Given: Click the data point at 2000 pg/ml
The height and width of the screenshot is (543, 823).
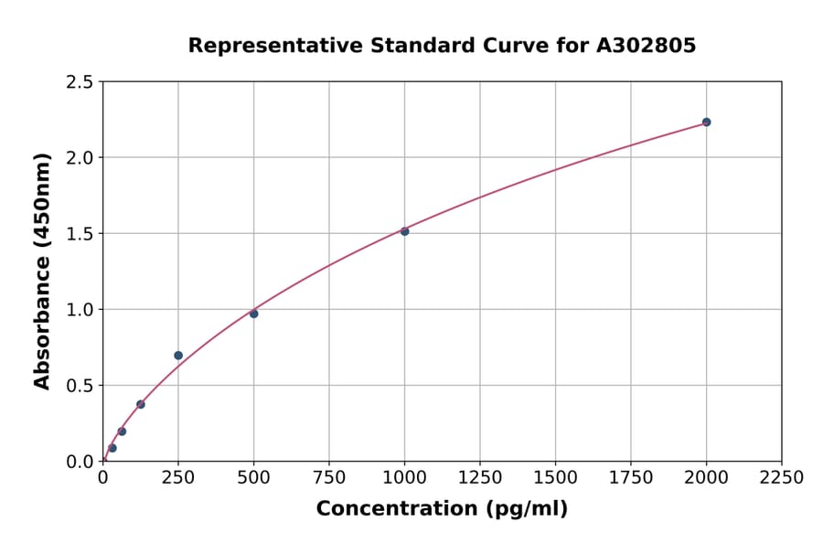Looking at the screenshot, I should [x=706, y=122].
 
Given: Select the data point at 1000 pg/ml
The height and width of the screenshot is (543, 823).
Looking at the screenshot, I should [x=404, y=231].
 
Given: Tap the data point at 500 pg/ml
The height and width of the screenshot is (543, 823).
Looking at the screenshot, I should [x=253, y=314].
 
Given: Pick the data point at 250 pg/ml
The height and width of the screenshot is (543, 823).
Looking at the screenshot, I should [x=178, y=355].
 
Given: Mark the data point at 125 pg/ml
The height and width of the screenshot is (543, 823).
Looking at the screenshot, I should [x=141, y=404].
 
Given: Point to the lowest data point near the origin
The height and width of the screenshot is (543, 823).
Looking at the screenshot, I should [x=112, y=448].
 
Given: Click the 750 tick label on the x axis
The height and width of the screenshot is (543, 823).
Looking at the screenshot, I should [x=329, y=478].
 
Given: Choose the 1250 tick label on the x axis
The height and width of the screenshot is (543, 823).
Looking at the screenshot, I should [x=480, y=478].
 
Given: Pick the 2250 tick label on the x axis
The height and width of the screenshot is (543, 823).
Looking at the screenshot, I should [x=781, y=478].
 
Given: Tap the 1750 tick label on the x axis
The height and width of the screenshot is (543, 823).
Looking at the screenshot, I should [x=631, y=478].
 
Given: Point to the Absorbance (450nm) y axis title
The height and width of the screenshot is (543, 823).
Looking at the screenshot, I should [x=42, y=271].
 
